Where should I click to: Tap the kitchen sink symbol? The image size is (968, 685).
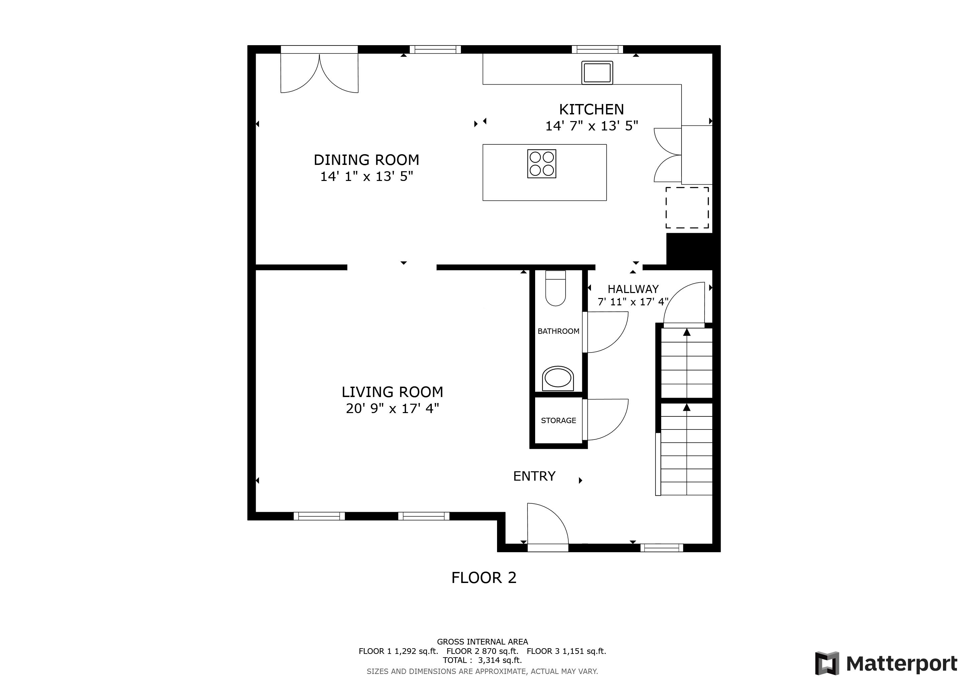coord(597,73)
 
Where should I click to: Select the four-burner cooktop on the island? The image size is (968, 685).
coord(541,164)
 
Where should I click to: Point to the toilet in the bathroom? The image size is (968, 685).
coord(555,289)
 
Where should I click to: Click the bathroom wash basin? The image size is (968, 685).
coord(558,378)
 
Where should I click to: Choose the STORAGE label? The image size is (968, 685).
coord(558,420)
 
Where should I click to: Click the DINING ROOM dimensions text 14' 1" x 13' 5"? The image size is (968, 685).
coord(366,176)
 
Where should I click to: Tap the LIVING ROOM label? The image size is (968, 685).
coord(392,392)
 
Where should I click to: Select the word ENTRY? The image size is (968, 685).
coord(534,476)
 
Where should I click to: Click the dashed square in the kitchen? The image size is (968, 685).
coord(687,207)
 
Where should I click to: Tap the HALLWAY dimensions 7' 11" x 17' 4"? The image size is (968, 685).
coord(633,302)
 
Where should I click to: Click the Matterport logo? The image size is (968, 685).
coord(886,664)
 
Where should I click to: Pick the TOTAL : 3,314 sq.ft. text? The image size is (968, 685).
coord(482,660)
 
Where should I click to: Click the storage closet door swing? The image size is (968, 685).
coord(606,420)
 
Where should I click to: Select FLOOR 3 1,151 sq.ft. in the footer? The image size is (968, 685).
coord(566,651)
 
